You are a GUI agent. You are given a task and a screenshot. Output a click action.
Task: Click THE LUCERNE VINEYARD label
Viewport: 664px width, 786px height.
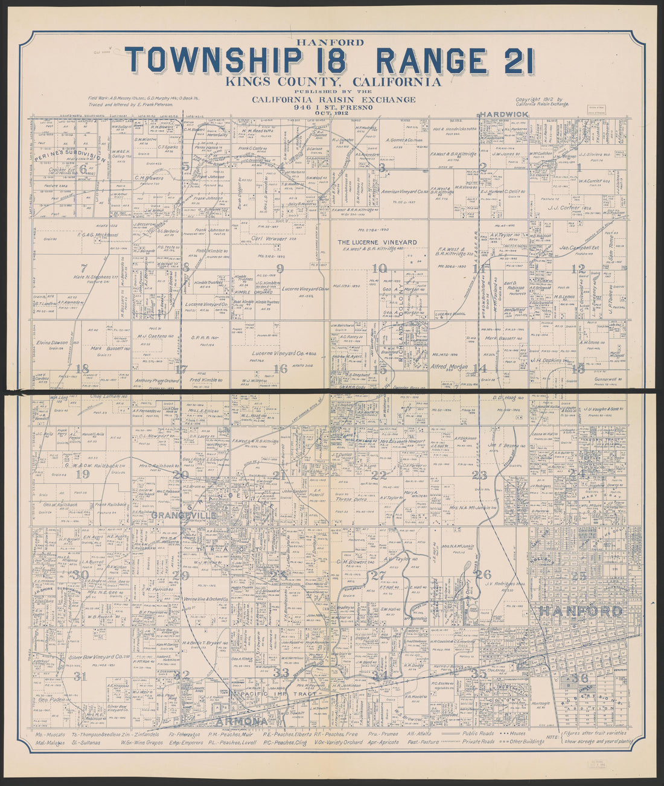[x=377, y=242]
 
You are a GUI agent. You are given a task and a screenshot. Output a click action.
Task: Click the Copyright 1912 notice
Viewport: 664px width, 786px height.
[x=540, y=100]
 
